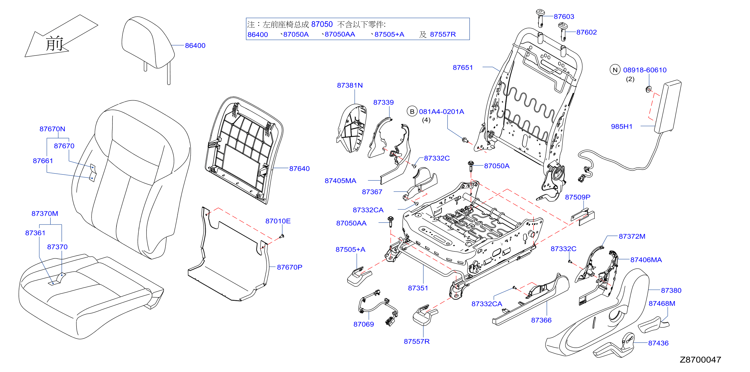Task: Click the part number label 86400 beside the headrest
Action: point(195,46)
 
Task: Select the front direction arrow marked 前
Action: point(61,36)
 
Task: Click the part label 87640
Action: point(299,169)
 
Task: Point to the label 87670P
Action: point(289,267)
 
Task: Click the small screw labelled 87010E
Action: point(282,236)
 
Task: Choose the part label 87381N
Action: point(350,85)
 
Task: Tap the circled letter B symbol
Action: point(412,112)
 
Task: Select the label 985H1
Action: point(622,127)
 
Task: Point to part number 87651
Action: point(463,67)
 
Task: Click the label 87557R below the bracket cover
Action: point(417,341)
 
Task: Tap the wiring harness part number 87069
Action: point(363,324)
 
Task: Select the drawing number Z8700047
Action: point(701,360)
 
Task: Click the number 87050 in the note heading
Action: point(322,24)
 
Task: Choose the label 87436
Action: point(658,343)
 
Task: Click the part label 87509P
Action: point(578,197)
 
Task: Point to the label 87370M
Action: point(45,214)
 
